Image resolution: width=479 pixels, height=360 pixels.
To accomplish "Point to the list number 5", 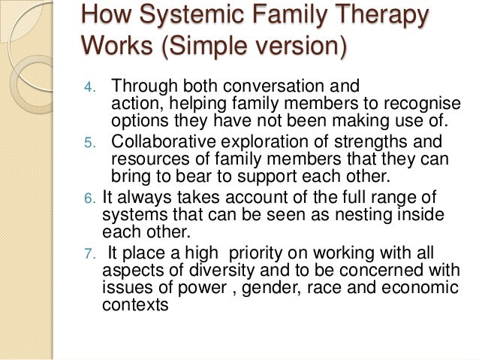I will click(x=88, y=143).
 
